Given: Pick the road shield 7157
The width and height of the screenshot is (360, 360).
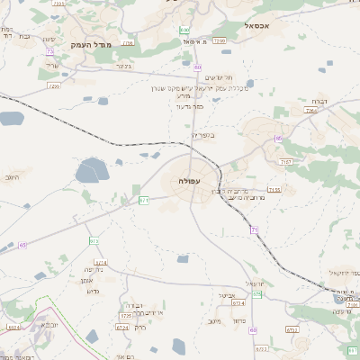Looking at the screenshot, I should click(285, 161).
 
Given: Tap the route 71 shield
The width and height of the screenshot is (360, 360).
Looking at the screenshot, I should click(255, 230).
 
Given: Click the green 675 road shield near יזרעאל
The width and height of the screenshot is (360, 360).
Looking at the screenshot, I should click(257, 294).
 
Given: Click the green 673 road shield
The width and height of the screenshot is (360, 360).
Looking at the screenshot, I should click(94, 241).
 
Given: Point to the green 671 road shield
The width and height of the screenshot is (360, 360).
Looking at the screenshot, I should click(144, 200).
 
